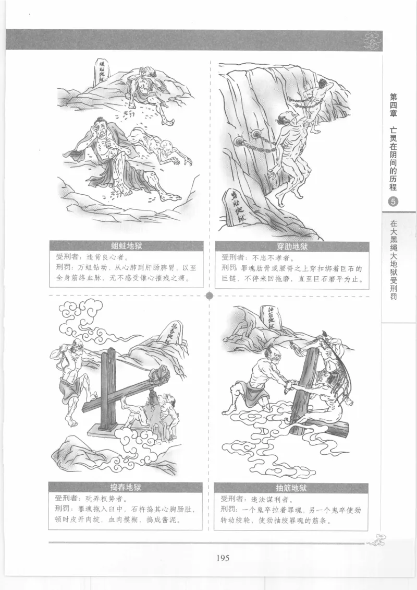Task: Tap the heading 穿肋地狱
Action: click(x=291, y=246)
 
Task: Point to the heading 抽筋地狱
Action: click(x=291, y=489)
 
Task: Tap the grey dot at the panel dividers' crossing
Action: click(x=210, y=296)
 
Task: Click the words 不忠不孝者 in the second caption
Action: click(x=266, y=257)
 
